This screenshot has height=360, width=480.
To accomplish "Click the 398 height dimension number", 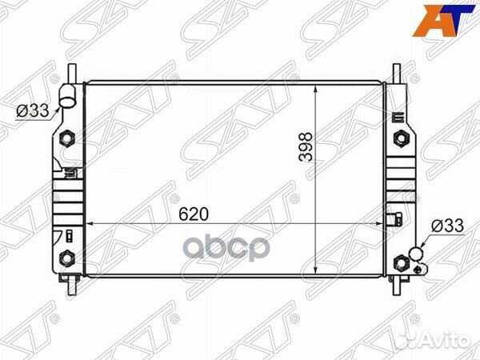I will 305,148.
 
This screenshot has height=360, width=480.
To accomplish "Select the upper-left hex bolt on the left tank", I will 68,139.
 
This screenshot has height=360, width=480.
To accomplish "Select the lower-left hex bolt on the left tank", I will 68,258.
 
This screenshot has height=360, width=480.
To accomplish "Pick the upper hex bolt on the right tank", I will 399,139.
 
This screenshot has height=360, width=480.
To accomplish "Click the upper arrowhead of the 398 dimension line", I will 321,86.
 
